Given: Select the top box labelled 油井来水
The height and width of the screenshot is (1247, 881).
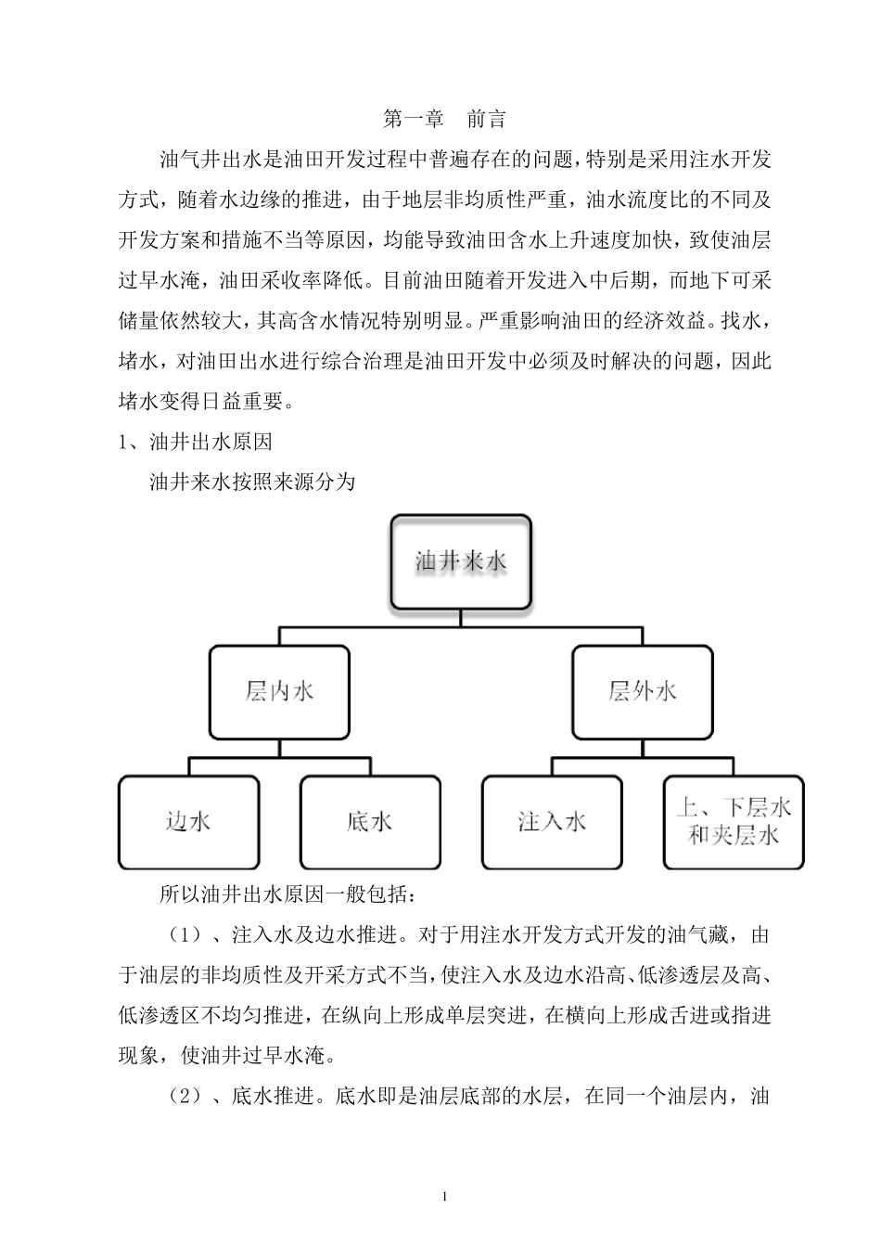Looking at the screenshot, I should tap(461, 561).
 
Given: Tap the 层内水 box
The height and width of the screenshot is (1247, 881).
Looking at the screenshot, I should tap(279, 691).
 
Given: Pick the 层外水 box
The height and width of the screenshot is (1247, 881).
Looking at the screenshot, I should tap(642, 691).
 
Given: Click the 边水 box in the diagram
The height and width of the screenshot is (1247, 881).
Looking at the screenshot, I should tap(188, 822).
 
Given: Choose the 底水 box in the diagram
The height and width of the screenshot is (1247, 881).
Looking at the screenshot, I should tap(370, 822).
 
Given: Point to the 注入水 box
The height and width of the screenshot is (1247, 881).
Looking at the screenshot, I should tap(552, 822).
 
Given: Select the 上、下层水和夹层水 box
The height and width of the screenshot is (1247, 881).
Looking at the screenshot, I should tap(734, 822).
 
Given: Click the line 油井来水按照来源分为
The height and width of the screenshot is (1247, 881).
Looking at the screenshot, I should tap(252, 482).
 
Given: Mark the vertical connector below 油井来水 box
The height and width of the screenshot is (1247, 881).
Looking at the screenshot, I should tap(461, 619).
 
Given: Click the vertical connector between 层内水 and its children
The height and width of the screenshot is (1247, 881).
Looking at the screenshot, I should tap(279, 748).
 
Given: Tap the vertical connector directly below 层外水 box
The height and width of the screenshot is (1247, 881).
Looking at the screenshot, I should tap(642, 748).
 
